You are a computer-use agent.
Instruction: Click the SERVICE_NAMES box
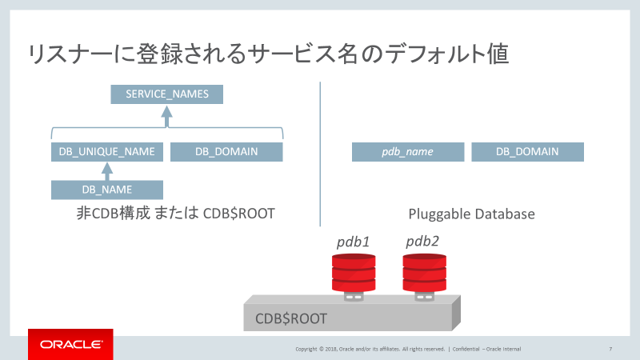click(166, 94)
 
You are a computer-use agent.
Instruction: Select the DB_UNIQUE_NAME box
click(107, 152)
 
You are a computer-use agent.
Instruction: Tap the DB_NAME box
click(107, 190)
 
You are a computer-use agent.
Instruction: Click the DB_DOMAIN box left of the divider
click(226, 152)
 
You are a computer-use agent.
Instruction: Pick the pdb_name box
click(408, 152)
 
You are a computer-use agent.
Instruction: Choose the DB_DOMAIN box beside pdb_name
click(527, 152)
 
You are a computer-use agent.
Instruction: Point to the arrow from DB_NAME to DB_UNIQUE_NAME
click(107, 170)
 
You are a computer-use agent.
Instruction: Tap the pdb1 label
click(353, 242)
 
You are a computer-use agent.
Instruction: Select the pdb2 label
click(422, 241)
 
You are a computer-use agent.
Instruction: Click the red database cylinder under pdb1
click(353, 273)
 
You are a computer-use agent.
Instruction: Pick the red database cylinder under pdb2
click(423, 273)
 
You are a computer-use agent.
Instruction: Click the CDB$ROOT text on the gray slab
click(291, 318)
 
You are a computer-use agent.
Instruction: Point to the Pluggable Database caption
click(471, 214)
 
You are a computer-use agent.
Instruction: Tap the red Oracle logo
click(71, 344)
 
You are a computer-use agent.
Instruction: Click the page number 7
click(610, 349)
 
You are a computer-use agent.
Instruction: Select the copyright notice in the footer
click(369, 349)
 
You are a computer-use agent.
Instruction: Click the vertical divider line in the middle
click(320, 152)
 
